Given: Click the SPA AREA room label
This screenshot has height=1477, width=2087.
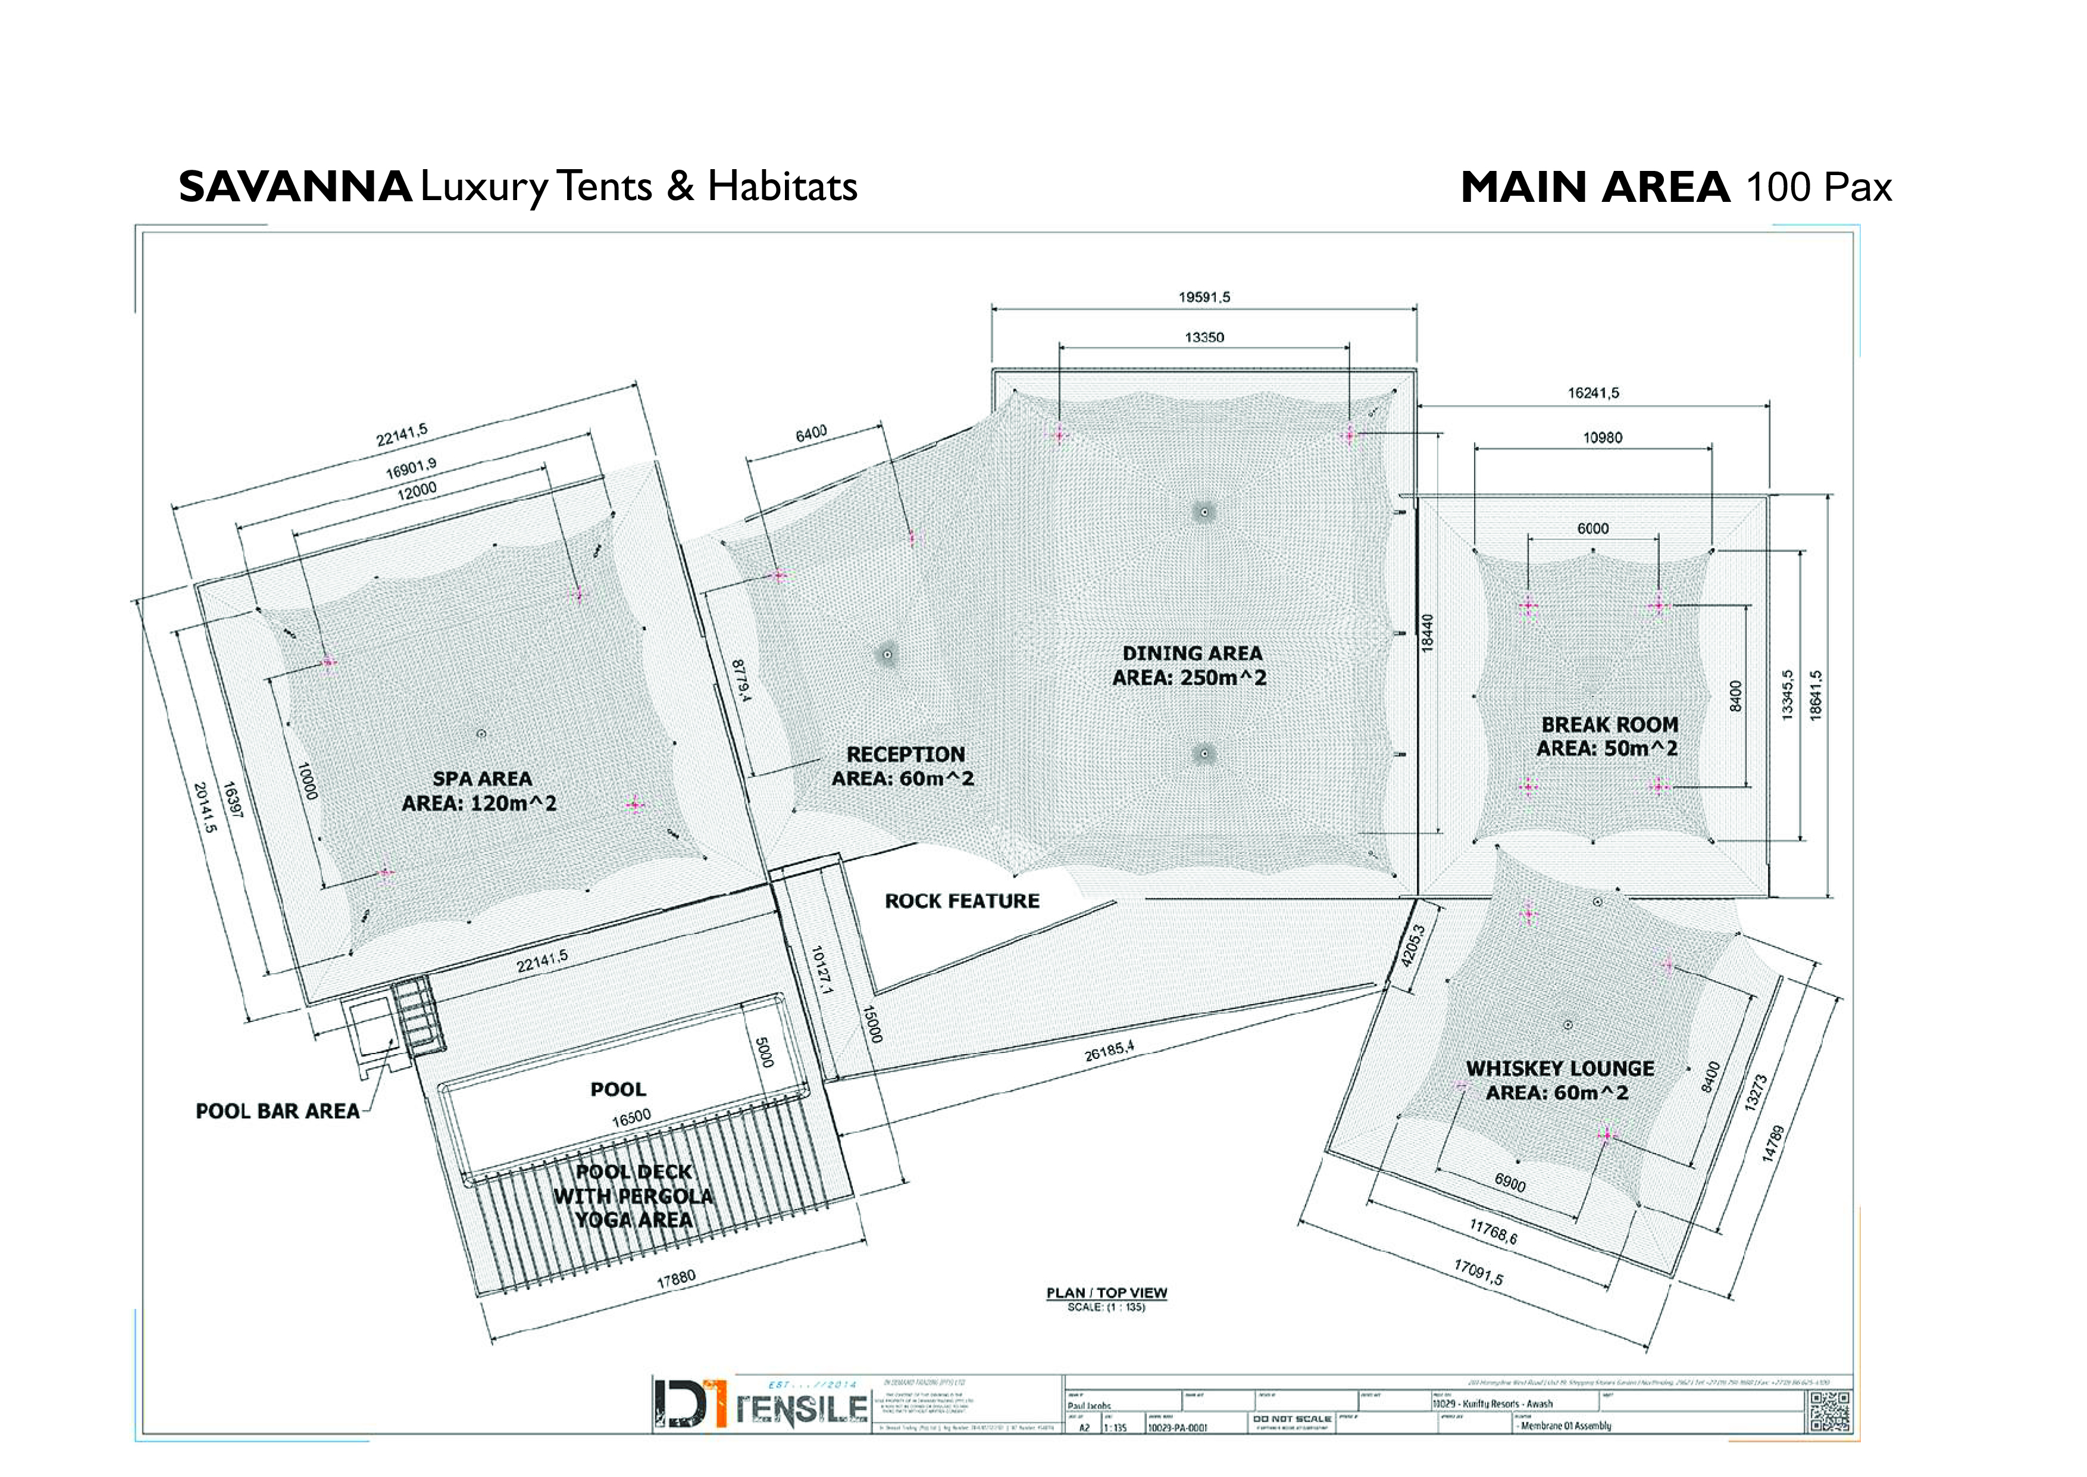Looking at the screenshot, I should point(482,780).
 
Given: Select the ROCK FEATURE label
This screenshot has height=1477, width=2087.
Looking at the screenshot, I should point(962,901).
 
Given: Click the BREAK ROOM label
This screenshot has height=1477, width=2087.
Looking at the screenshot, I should point(1609,725).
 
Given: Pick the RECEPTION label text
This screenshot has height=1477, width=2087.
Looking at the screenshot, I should point(905,755).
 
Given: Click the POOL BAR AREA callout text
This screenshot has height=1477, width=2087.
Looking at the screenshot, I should point(277,1111).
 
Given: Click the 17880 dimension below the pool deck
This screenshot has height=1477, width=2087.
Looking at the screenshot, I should point(675,1280).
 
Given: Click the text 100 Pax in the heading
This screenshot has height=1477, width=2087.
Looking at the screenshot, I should point(1818,188).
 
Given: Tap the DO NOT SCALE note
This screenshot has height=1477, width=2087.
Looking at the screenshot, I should point(1291,1419).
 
